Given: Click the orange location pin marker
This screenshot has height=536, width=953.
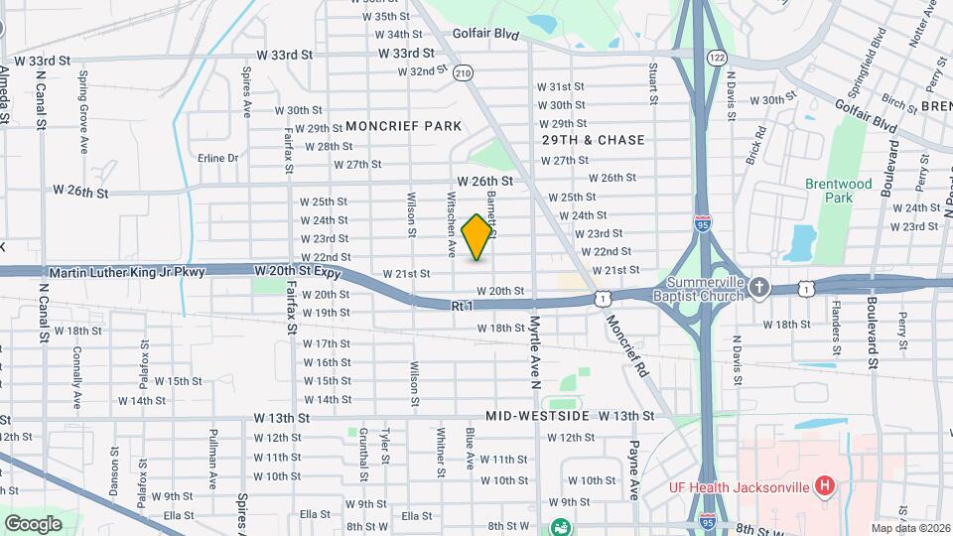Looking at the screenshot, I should tap(477, 237).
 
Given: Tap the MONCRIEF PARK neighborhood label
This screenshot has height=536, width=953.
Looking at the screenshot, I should tap(404, 126).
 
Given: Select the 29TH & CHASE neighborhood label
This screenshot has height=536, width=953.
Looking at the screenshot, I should tap(594, 140).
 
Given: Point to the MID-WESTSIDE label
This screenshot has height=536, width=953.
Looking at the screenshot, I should tap(539, 416).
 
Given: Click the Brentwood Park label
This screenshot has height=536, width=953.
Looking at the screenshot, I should tap(839, 191).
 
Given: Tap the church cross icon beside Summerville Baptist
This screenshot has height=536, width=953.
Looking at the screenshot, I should tap(760, 287).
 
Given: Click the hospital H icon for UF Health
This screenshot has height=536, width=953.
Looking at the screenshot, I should tap(823, 485).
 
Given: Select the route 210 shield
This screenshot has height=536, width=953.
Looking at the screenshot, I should tap(463, 72).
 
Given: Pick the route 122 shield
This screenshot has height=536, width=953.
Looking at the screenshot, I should tap(716, 59).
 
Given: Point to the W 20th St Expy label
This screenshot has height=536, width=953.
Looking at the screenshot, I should tap(298, 271).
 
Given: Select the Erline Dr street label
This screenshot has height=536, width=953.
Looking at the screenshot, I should tap(218, 158).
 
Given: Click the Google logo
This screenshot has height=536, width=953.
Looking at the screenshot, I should tap(33, 523).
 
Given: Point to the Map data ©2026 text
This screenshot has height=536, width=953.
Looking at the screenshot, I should tap(909, 528).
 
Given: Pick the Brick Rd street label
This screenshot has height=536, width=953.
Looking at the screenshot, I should tap(757, 144).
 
